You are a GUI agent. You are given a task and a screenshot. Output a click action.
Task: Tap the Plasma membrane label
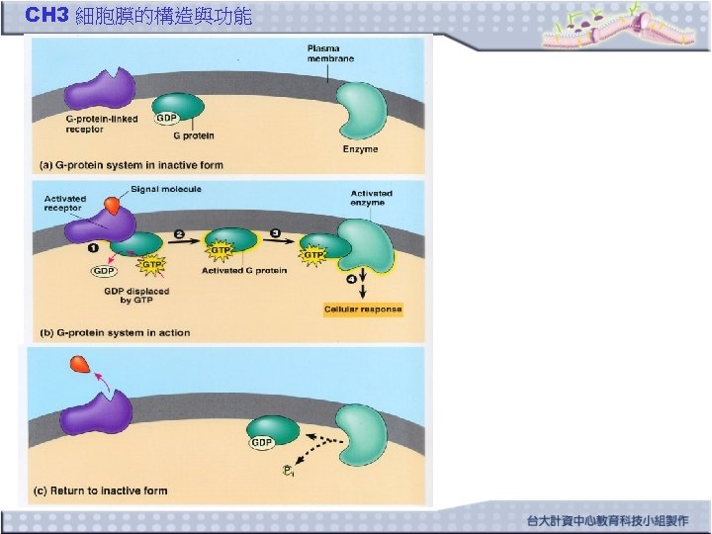pos(330,53)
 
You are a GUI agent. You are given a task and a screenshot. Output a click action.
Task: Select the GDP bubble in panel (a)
pos(167,119)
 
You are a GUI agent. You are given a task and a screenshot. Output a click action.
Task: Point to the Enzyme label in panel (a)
pos(360,149)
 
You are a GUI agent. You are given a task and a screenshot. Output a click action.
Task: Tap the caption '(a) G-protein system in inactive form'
pos(131,165)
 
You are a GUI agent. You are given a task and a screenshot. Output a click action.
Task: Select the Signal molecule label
pos(166,189)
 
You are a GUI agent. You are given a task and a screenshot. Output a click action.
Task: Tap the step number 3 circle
pos(276,234)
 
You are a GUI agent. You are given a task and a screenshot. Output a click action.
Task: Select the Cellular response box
pos(363,310)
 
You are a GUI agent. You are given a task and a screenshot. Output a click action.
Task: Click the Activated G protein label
pos(244,271)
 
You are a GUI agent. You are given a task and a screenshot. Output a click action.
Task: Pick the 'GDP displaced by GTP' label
pos(136,296)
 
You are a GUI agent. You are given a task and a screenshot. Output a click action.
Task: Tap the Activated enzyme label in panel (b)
pos(371,198)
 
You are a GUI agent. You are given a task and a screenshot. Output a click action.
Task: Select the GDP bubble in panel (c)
pos(261,442)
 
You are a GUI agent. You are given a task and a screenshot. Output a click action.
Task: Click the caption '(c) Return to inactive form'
pos(101,490)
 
